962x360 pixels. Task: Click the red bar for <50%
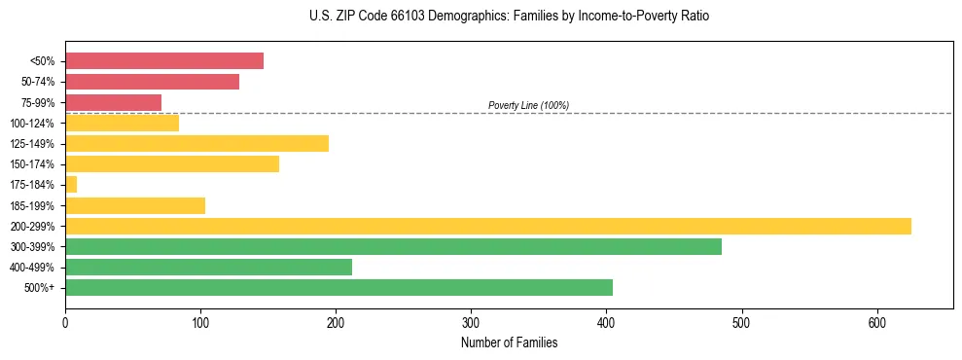point(163,61)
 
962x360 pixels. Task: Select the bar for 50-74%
point(152,82)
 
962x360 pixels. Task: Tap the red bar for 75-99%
point(113,102)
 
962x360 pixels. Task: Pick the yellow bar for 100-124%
point(122,123)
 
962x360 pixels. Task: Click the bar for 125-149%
point(196,144)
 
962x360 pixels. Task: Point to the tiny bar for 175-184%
point(71,185)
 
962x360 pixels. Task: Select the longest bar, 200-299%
point(487,226)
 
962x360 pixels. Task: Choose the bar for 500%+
point(338,287)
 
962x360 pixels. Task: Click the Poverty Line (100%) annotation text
point(528,105)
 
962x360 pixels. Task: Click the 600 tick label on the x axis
point(877,322)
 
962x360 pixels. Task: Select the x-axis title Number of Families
point(509,342)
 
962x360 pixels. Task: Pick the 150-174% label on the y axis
point(32,164)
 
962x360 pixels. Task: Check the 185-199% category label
point(32,205)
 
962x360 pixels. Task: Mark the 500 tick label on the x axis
point(742,322)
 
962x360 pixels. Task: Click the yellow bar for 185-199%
point(135,205)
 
